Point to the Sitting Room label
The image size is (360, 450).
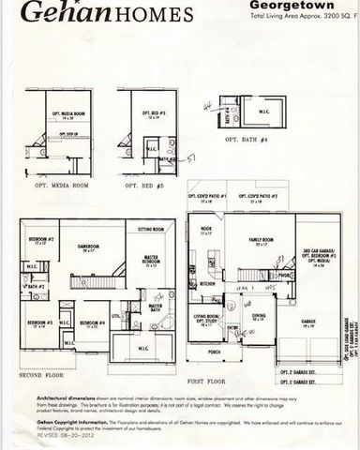(151, 228)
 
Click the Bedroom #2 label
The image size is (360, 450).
(40, 240)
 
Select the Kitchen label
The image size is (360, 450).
(206, 283)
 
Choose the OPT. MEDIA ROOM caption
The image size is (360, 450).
(62, 185)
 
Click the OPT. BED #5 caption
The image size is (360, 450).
(145, 185)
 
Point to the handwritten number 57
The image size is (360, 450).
(190, 160)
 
